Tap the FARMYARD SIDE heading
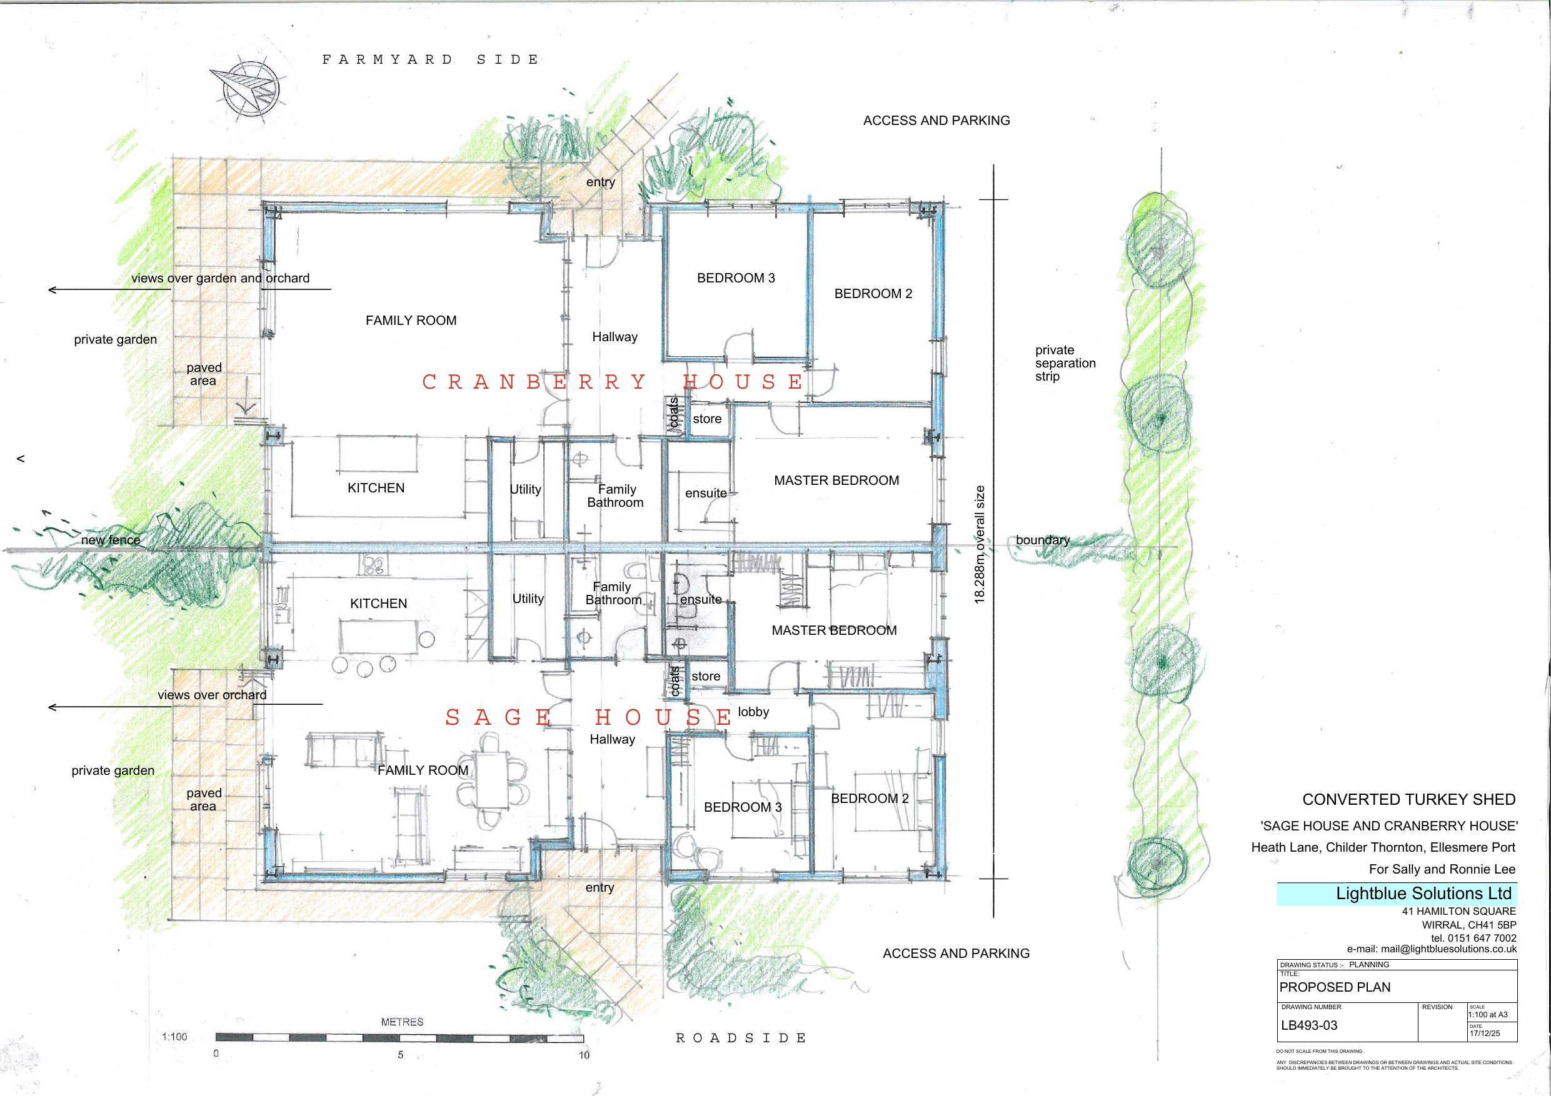click(430, 60)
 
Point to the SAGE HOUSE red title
click(588, 717)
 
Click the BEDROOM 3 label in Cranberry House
click(736, 278)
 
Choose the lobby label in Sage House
click(753, 712)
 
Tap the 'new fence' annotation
click(111, 541)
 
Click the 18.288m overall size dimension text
click(980, 544)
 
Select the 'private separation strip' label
click(1065, 363)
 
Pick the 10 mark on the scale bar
click(584, 1055)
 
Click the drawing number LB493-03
click(1309, 1025)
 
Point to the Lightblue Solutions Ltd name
click(1423, 894)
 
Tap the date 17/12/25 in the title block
click(1485, 1033)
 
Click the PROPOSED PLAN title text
click(1335, 987)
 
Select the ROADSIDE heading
click(741, 1038)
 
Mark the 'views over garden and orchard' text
click(220, 278)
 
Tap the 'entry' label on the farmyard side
click(601, 182)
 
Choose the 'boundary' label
click(1043, 541)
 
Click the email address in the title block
click(1432, 949)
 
